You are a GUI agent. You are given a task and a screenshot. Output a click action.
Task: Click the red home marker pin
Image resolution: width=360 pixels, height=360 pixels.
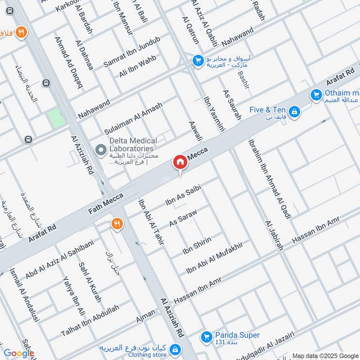point(180,162)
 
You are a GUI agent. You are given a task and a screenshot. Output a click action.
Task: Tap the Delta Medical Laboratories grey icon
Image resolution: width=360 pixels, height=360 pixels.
point(100,148)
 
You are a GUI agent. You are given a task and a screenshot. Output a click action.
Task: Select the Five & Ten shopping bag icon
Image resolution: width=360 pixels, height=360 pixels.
point(294,111)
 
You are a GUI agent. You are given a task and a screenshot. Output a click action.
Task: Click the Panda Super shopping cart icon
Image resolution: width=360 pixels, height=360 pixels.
point(207,336)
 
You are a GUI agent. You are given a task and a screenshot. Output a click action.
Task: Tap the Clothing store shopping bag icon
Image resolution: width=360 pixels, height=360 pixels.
point(176,349)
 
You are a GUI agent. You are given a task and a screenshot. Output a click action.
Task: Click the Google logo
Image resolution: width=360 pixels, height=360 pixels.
point(18,353)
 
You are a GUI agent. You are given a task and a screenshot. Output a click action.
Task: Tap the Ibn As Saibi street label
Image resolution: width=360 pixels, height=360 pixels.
point(182,196)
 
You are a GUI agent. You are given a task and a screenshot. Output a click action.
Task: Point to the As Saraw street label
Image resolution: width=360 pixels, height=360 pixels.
point(183,217)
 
